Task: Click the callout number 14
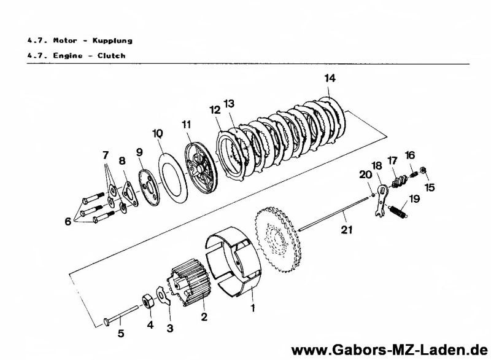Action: (x=331, y=78)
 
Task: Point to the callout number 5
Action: (x=121, y=335)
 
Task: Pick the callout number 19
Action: (x=415, y=198)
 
